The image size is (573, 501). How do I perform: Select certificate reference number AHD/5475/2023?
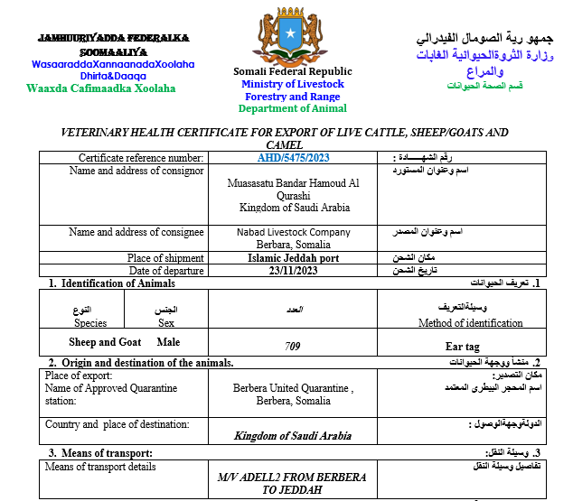(x=293, y=158)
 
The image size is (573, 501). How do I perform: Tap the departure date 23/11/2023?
(x=293, y=271)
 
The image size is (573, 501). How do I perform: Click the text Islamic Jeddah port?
(x=293, y=258)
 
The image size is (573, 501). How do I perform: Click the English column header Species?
(x=90, y=322)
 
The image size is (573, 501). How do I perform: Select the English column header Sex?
(x=166, y=322)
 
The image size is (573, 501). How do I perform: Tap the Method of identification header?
(x=470, y=322)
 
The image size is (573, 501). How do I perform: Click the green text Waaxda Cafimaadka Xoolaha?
(x=101, y=88)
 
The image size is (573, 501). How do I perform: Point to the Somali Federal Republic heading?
(x=293, y=72)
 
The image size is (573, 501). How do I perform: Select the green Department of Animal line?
(x=293, y=109)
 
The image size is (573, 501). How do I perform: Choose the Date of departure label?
(x=166, y=271)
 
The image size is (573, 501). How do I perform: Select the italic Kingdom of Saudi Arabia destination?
(x=293, y=435)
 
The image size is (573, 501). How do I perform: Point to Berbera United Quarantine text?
(x=293, y=389)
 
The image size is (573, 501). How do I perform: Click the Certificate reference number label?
(x=141, y=158)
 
